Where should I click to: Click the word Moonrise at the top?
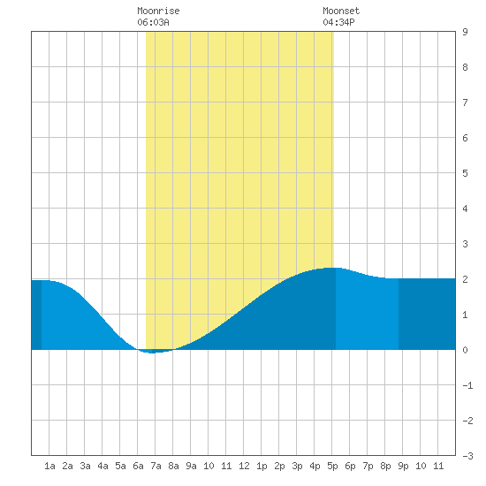point(158,11)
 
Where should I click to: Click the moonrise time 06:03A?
point(153,22)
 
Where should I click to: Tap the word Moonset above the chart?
point(341,11)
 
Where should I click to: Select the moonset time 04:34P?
point(338,22)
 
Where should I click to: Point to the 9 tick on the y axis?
point(465,32)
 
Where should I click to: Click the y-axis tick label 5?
point(465,173)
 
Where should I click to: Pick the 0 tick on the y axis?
point(465,350)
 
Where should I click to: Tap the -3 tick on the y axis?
point(467,456)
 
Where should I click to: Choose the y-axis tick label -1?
point(467,385)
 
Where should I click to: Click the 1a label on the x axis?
point(49,466)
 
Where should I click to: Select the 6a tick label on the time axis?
point(138,466)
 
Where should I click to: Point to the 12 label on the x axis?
point(244,466)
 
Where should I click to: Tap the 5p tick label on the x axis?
point(332,466)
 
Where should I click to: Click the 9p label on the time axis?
point(403,466)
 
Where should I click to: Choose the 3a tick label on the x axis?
point(85,466)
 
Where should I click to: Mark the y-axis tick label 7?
point(465,103)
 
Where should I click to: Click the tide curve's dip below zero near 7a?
point(152,353)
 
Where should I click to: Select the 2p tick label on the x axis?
point(279,466)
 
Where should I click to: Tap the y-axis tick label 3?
point(465,244)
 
